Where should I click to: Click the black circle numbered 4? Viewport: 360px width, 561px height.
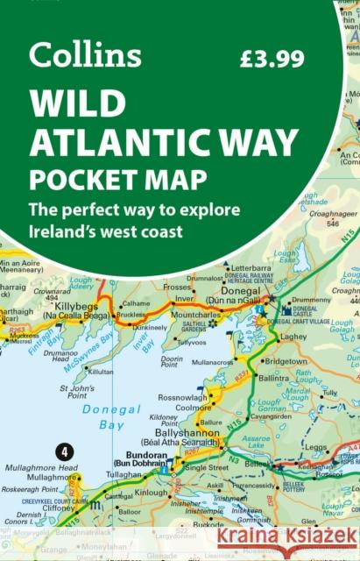coord(63,453)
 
